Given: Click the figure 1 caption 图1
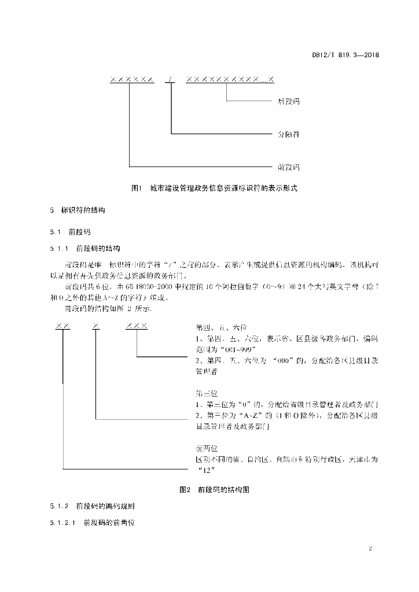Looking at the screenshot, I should point(138,188).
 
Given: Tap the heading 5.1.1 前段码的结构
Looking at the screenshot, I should point(84,249).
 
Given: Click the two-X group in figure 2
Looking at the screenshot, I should point(63,326).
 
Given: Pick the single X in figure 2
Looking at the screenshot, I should point(96,326).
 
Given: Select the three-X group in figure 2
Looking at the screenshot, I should point(137,326).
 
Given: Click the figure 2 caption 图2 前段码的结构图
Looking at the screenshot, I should point(214,489).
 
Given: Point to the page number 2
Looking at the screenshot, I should point(369,547).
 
